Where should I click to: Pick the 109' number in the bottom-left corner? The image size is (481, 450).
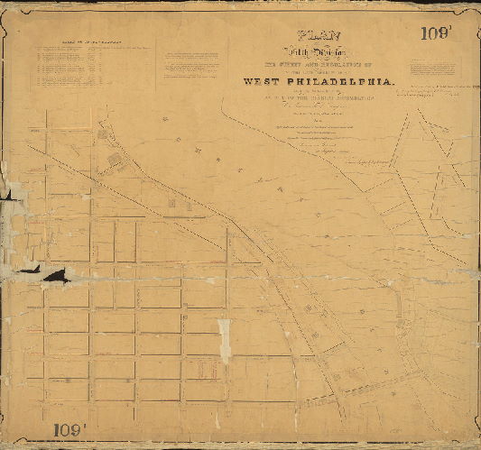click(70, 430)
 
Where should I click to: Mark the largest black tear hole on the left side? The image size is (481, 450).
click(55, 275)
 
